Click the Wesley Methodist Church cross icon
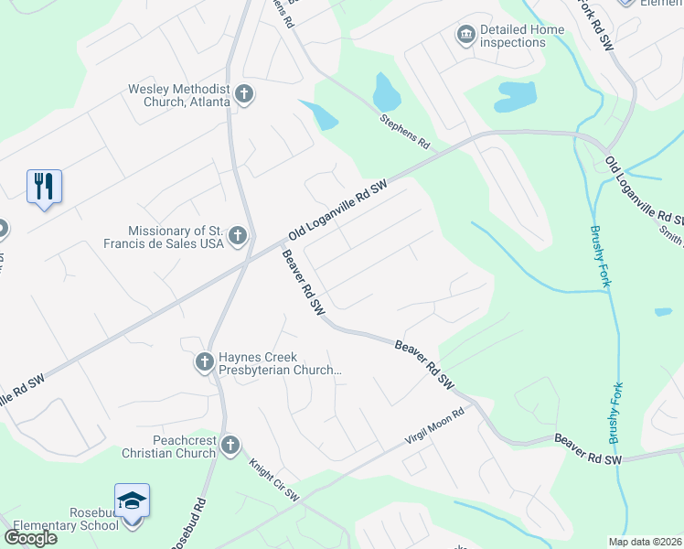pyautogui.click(x=243, y=93)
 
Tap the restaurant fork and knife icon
pyautogui.click(x=44, y=186)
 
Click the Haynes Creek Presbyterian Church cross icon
pyautogui.click(x=204, y=363)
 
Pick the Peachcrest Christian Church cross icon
pyautogui.click(x=230, y=446)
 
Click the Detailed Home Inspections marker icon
pyautogui.click(x=465, y=35)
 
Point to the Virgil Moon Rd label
pyautogui.click(x=435, y=428)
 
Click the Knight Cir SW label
pyautogui.click(x=274, y=479)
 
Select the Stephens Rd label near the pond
pyautogui.click(x=405, y=132)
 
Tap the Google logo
pyautogui.click(x=30, y=537)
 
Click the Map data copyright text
pyautogui.click(x=644, y=542)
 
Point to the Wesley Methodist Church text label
pyautogui.click(x=180, y=95)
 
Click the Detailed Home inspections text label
pyautogui.click(x=522, y=36)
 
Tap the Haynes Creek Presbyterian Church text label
pyautogui.click(x=280, y=363)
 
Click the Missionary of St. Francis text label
pyautogui.click(x=174, y=237)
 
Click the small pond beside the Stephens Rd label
pyautogui.click(x=386, y=91)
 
